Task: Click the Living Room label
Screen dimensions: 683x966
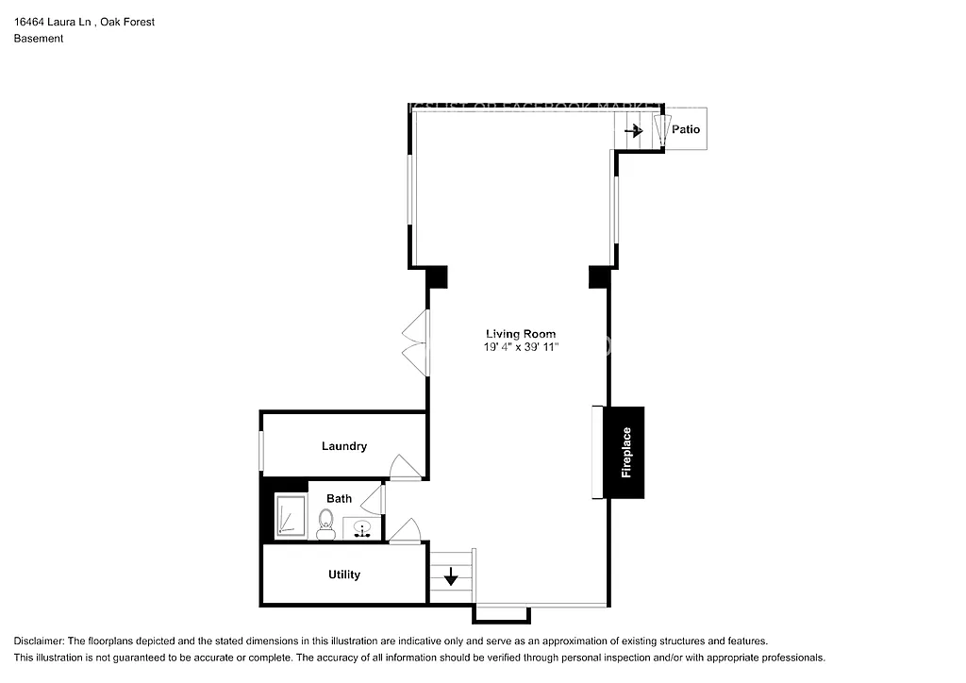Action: tap(520, 334)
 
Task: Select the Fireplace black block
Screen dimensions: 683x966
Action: tap(625, 453)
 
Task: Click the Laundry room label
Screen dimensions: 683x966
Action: tap(343, 446)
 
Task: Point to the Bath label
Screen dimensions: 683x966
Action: tap(339, 498)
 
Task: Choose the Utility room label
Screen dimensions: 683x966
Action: tap(343, 575)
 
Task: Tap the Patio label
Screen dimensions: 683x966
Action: tap(686, 129)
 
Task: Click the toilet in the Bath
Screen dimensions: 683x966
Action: tap(326, 524)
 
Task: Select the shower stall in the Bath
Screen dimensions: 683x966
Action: tap(291, 516)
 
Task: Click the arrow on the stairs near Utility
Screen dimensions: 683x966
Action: tap(451, 575)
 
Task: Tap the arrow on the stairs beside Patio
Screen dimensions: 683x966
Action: tap(633, 130)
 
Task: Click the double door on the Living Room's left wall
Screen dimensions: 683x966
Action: tap(414, 343)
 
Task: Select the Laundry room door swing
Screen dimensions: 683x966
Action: tap(402, 467)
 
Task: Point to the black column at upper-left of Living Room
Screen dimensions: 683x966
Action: tap(436, 277)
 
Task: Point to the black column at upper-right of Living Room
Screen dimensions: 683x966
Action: tap(600, 277)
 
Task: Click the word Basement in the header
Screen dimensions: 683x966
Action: tap(39, 39)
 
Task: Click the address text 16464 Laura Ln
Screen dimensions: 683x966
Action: tap(53, 22)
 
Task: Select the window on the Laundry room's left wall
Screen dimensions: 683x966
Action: tap(261, 452)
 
